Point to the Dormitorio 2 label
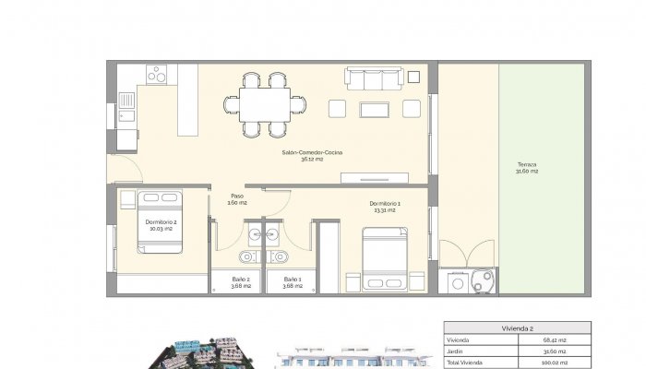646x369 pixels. [x=161, y=224]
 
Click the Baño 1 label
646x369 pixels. [x=292, y=282]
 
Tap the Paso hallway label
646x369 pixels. [x=237, y=199]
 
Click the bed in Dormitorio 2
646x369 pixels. [x=161, y=221]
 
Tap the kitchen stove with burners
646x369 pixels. [x=156, y=72]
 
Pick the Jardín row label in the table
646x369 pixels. [x=456, y=351]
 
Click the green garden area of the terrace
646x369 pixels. [x=542, y=221]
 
